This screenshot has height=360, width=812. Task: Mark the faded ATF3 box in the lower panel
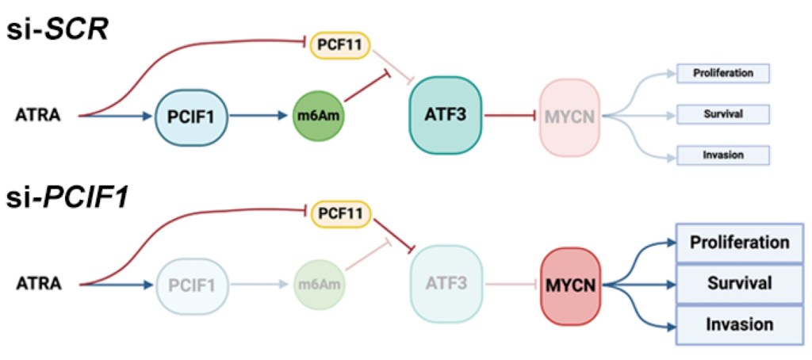click(x=445, y=283)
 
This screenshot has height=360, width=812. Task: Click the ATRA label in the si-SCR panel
click(x=38, y=117)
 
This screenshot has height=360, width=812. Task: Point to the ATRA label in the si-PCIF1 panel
click(x=38, y=284)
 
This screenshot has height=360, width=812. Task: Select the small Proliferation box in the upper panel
click(x=722, y=74)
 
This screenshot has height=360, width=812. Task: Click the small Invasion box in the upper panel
click(x=722, y=155)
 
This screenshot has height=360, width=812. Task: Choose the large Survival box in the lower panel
click(x=730, y=283)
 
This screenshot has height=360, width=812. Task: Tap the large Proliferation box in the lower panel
click(x=730, y=242)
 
